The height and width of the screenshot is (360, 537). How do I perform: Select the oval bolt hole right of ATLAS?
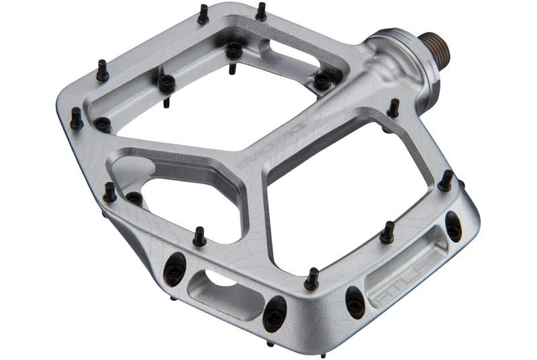pos(454,227)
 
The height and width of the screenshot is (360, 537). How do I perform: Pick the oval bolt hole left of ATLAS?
pos(354,302)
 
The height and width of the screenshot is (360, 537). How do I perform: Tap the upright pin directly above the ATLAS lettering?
pos(387,233)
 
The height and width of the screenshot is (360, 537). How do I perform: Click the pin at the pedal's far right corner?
pos(445,181)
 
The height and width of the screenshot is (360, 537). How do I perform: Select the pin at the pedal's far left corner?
pos(77,119)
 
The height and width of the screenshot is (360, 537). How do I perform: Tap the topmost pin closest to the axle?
pos(260,11)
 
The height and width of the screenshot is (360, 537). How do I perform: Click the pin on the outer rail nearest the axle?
pos(393,108)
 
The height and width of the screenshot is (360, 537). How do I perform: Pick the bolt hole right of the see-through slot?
pos(275,312)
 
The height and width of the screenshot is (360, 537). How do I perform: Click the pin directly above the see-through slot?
pos(199,236)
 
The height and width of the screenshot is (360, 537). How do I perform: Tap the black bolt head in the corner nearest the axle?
pos(322,80)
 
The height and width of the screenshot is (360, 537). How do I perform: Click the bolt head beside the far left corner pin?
pos(102,124)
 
